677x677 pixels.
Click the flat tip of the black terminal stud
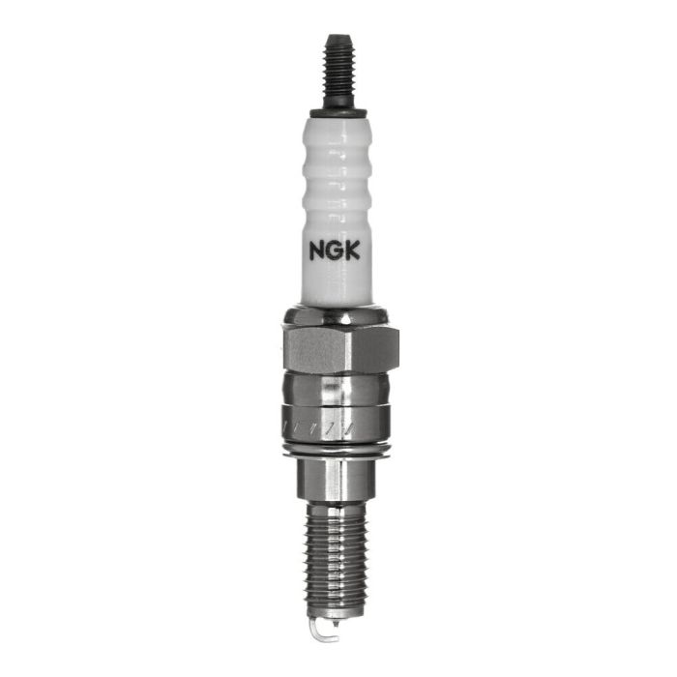click(x=337, y=38)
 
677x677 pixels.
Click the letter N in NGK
click(x=317, y=250)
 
